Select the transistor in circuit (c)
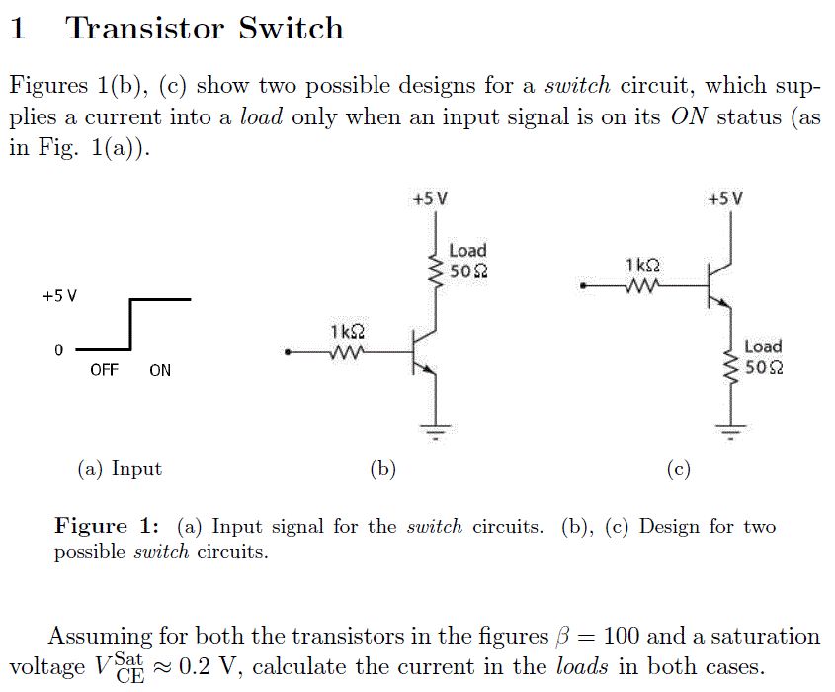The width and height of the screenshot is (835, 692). click(x=719, y=285)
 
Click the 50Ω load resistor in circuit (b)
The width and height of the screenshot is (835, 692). click(x=436, y=271)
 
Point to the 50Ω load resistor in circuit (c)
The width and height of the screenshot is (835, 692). click(x=730, y=367)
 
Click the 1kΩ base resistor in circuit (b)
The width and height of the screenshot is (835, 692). click(x=347, y=352)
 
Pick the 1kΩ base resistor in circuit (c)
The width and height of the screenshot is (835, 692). click(x=642, y=285)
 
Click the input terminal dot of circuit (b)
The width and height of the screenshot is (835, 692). click(x=288, y=352)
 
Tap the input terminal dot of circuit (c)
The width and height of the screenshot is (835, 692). click(x=583, y=286)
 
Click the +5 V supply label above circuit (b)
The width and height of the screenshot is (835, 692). click(x=430, y=199)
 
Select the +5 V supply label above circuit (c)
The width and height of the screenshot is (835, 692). click(x=725, y=199)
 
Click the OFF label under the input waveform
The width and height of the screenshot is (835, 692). click(x=104, y=370)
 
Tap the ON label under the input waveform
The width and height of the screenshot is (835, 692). click(x=160, y=371)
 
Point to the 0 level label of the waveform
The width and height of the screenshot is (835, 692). click(x=58, y=350)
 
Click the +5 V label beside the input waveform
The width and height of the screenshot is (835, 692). click(x=59, y=296)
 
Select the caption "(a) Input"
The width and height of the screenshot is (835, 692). click(x=120, y=469)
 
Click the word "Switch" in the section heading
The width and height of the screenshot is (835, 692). click(x=291, y=28)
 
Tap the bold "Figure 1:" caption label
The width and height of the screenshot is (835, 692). click(x=107, y=526)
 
